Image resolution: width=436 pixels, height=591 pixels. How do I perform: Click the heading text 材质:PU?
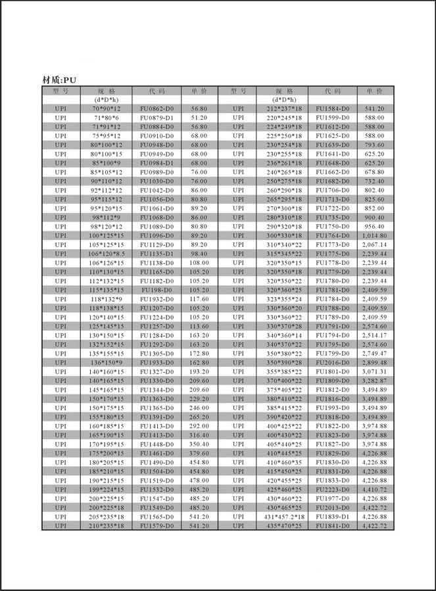pyautogui.click(x=64, y=80)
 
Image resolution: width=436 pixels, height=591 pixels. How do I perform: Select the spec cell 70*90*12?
pyautogui.click(x=106, y=108)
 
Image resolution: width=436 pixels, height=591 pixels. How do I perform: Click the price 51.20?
pyautogui.click(x=199, y=118)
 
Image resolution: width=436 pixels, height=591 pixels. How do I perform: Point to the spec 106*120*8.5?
pyautogui.click(x=106, y=253)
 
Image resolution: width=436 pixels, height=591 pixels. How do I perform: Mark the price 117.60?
pyautogui.click(x=199, y=298)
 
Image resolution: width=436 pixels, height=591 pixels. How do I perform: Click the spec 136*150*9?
pyautogui.click(x=106, y=362)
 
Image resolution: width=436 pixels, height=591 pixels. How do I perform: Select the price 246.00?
pyautogui.click(x=199, y=407)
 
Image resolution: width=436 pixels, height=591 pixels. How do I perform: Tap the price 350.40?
pyautogui.click(x=199, y=444)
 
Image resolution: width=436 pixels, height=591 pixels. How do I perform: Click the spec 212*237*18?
pyautogui.click(x=284, y=108)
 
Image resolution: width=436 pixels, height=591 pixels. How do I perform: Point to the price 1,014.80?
pyautogui.click(x=374, y=235)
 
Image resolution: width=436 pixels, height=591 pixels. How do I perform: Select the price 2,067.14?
pyautogui.click(x=374, y=245)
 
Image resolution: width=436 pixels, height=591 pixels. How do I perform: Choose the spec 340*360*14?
pyautogui.click(x=284, y=335)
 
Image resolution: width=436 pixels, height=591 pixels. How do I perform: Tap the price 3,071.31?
pyautogui.click(x=374, y=371)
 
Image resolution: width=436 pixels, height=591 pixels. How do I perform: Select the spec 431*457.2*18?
pyautogui.click(x=284, y=517)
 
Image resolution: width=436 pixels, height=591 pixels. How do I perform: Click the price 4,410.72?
pyautogui.click(x=374, y=489)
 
